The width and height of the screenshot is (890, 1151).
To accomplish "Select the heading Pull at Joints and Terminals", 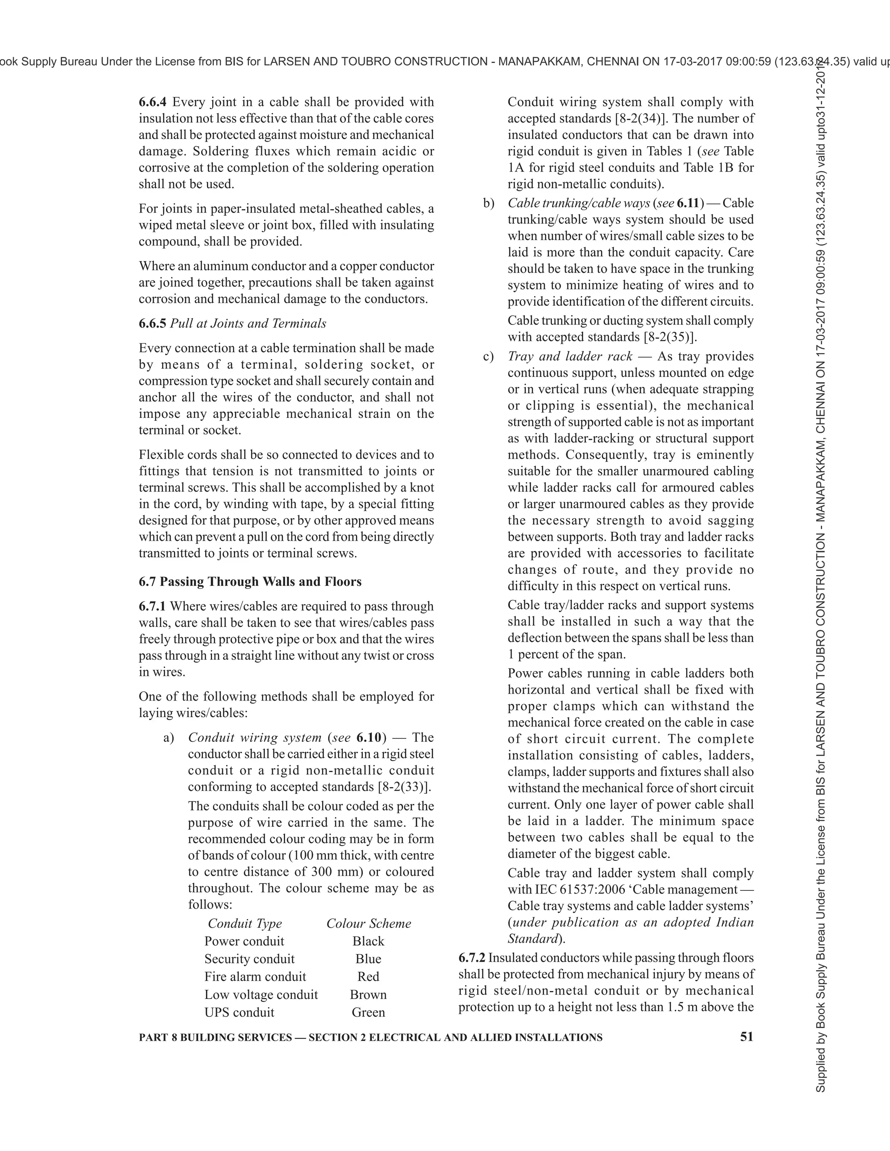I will click(248, 324).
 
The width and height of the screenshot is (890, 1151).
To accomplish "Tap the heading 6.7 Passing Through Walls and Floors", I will click(250, 582).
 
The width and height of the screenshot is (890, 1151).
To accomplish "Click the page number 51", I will click(747, 1037).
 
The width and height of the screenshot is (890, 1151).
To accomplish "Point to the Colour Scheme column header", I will click(369, 923).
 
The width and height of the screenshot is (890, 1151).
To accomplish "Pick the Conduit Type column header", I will click(245, 923).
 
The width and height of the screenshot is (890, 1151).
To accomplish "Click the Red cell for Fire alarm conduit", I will click(368, 976).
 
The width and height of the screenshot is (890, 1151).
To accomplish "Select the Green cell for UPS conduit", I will click(368, 1012).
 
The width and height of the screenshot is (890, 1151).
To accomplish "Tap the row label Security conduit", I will click(249, 959).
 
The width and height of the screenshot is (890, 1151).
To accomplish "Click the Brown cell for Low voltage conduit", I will click(368, 995).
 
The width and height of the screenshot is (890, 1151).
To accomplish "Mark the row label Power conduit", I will click(244, 941).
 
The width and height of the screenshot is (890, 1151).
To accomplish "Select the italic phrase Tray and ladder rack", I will click(569, 357).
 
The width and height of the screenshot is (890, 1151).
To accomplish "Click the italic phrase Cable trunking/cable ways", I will click(578, 203).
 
